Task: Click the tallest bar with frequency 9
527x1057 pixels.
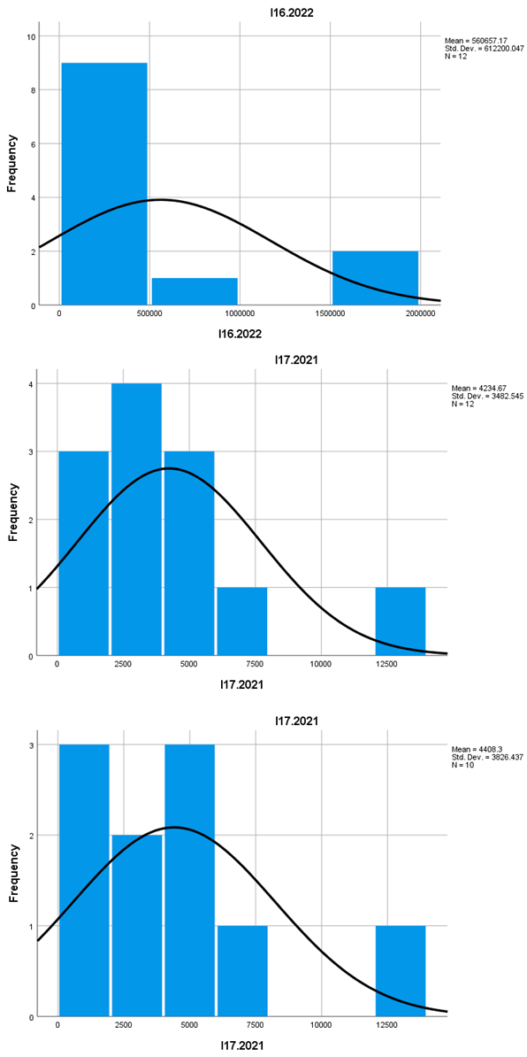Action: [103, 184]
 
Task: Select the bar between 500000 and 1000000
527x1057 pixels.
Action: [195, 291]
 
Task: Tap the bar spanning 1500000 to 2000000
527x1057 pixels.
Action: [375, 278]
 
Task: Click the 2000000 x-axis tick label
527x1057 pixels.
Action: [420, 313]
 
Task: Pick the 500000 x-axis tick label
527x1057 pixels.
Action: [149, 313]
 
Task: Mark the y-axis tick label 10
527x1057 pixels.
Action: [32, 36]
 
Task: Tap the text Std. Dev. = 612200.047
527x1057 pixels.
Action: [485, 49]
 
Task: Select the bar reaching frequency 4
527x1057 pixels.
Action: [136, 520]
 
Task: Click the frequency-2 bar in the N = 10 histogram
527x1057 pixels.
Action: [136, 925]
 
